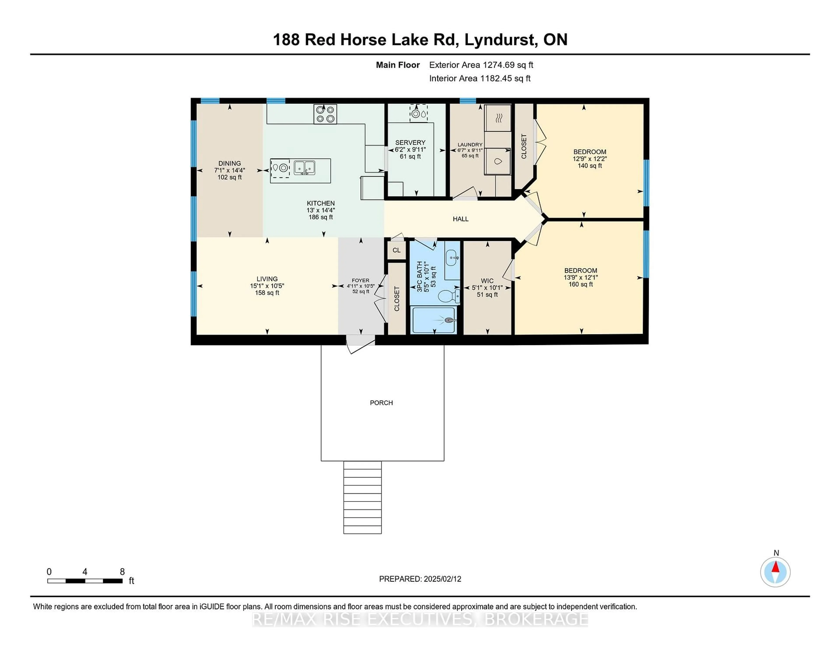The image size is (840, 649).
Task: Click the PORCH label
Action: pos(381,403)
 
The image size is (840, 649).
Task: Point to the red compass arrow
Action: pos(775,567)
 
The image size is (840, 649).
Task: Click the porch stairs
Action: pos(362,497)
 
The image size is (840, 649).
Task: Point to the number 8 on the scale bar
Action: pos(122,572)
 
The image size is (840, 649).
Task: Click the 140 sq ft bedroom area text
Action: pos(590,166)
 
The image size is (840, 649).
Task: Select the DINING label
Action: pos(230,163)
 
